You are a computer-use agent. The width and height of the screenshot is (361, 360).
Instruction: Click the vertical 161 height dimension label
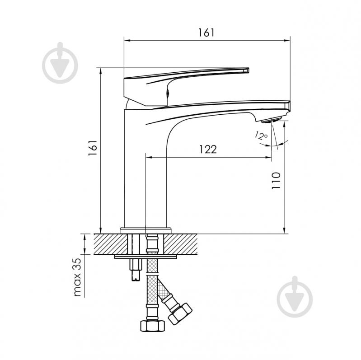[x=93, y=148]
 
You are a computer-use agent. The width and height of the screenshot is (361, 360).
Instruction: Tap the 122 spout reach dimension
[x=208, y=150]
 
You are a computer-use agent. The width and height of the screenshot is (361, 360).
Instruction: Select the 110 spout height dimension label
[x=276, y=181]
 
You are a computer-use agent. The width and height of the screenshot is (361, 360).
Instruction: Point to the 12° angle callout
[x=261, y=136]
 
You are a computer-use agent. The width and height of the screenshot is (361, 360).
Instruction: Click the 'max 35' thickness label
[x=78, y=277]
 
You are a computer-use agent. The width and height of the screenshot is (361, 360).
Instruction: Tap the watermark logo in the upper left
[x=60, y=63]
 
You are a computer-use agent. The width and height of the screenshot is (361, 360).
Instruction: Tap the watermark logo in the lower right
[x=295, y=297]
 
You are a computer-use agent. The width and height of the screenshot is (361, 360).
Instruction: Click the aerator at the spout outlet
[x=271, y=120]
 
